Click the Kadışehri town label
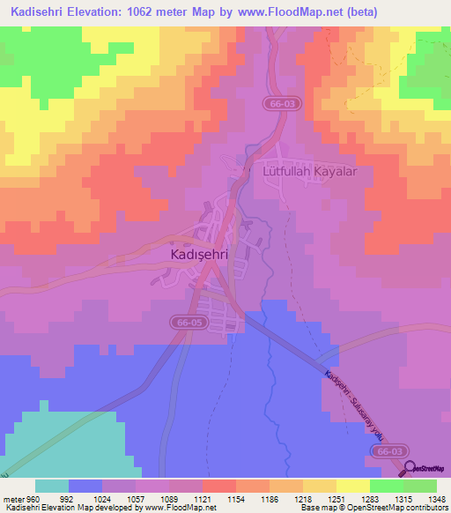coord(198,254)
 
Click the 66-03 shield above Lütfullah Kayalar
coord(279,103)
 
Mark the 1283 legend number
coord(369,498)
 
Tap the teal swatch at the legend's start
coord(52,486)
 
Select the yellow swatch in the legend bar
coord(351,486)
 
